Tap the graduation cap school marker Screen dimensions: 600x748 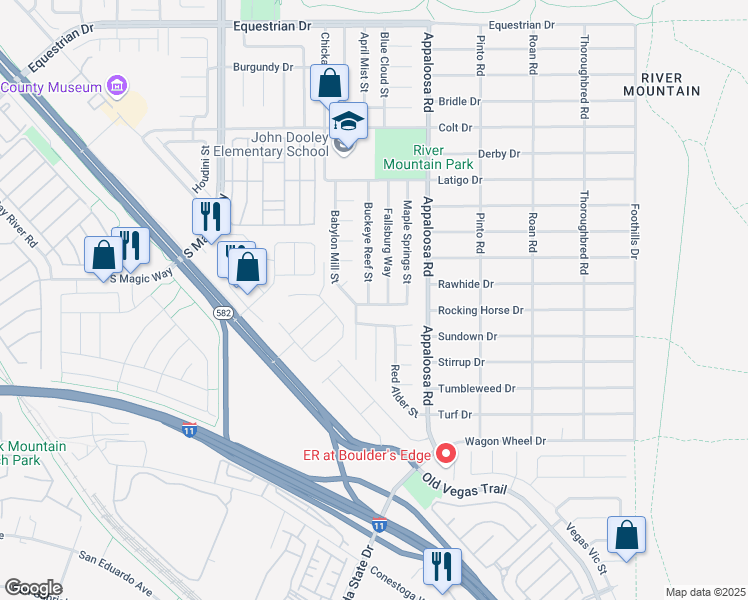(x=348, y=123)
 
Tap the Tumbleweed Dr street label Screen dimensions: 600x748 (x=477, y=388)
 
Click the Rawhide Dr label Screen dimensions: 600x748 (x=466, y=284)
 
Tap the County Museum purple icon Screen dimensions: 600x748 (x=117, y=86)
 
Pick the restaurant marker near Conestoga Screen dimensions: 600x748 (x=440, y=567)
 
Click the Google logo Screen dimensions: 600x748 (x=33, y=588)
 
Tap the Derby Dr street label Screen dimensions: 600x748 (x=500, y=154)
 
